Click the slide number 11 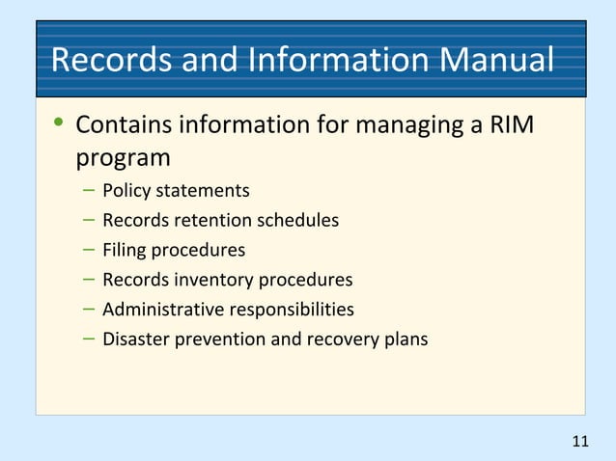579,442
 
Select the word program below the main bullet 123,156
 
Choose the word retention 202,221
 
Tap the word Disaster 135,340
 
